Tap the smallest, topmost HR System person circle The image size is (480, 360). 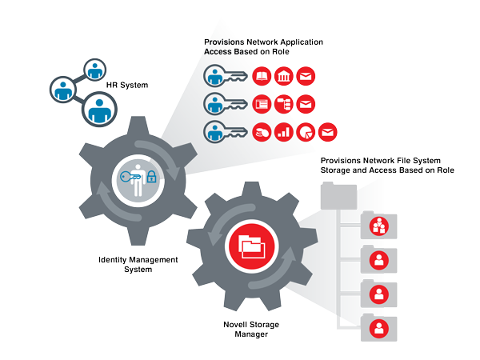click(96, 68)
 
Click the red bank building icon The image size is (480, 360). click(283, 77)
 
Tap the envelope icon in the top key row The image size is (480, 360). click(306, 77)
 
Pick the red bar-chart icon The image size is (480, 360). click(283, 132)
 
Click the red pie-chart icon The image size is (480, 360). click(306, 132)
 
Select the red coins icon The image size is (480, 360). click(261, 132)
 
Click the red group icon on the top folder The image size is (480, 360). click(379, 226)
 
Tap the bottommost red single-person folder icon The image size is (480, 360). click(379, 327)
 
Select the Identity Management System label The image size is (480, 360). click(138, 265)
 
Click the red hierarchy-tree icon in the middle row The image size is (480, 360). click(283, 104)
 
